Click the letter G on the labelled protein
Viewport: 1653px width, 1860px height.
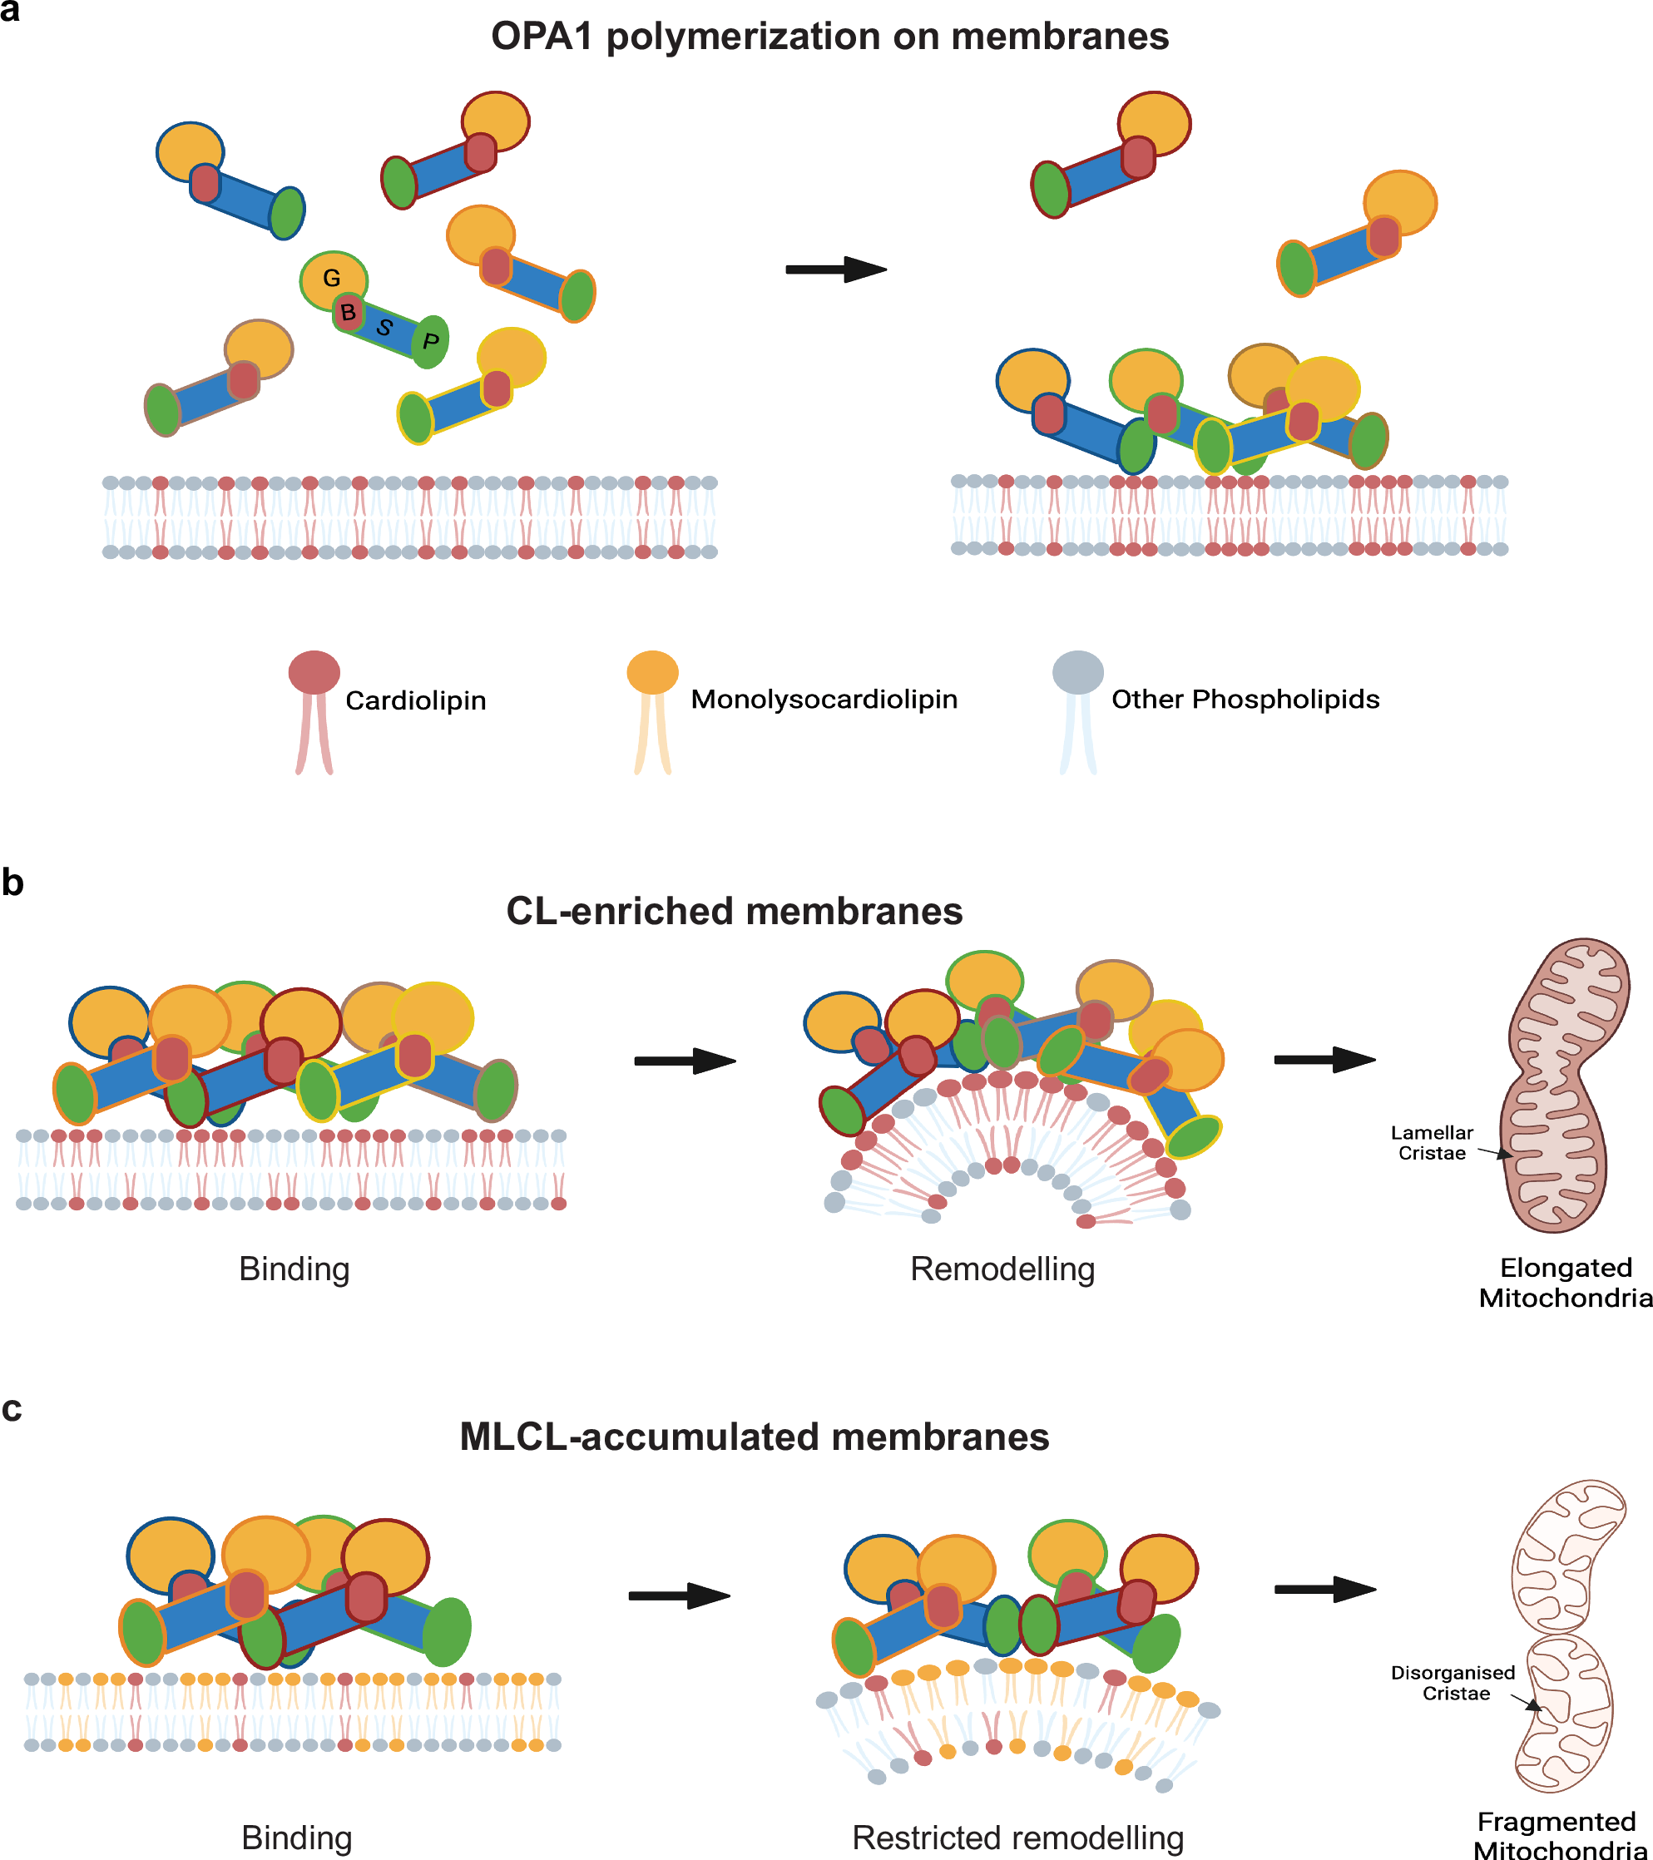pyautogui.click(x=331, y=279)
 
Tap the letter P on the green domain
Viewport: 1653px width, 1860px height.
pyautogui.click(x=431, y=341)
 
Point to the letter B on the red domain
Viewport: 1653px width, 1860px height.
pyautogui.click(x=348, y=313)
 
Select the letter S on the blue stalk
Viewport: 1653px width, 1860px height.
pyautogui.click(x=384, y=328)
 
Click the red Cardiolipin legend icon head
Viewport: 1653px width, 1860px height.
pyautogui.click(x=314, y=671)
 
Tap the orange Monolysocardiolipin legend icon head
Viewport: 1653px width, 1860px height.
pyautogui.click(x=653, y=671)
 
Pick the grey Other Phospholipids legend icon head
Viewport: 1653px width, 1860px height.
pyautogui.click(x=1077, y=671)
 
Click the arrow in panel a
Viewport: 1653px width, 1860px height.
pyautogui.click(x=835, y=270)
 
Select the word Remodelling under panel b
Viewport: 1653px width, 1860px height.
pyautogui.click(x=1002, y=1269)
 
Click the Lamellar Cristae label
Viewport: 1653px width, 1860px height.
pyautogui.click(x=1432, y=1142)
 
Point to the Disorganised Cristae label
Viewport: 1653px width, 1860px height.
pyautogui.click(x=1453, y=1683)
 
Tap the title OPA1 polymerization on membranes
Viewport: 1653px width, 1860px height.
pyautogui.click(x=829, y=37)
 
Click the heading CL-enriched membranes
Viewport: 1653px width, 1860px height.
pyautogui.click(x=734, y=911)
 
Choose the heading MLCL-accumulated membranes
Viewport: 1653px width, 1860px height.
pyautogui.click(x=754, y=1437)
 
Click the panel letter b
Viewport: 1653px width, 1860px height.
pyautogui.click(x=12, y=883)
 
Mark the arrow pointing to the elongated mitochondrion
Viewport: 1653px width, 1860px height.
pyautogui.click(x=1324, y=1059)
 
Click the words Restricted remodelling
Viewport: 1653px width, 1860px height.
pyautogui.click(x=1017, y=1838)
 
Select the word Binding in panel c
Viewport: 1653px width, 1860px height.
pyautogui.click(x=297, y=1838)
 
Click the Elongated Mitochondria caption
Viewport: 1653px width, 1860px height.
pyautogui.click(x=1566, y=1282)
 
